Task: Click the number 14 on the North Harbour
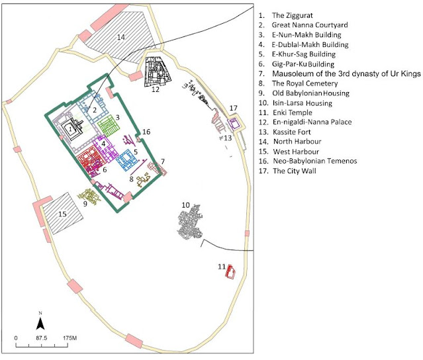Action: [x=121, y=37]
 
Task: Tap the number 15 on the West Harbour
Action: [x=63, y=214]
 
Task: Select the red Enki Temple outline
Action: [x=230, y=272]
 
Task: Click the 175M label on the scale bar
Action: [x=70, y=338]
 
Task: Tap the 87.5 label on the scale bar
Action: [x=41, y=338]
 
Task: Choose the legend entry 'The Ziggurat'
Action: [x=293, y=15]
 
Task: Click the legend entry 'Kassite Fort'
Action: [x=292, y=132]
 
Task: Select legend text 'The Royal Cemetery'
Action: [x=305, y=83]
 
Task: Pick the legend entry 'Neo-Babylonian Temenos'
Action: [x=315, y=161]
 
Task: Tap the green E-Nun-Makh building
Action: [x=109, y=125]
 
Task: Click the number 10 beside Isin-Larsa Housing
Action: [x=185, y=205]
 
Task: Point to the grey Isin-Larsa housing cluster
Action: [x=191, y=222]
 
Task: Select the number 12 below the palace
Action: [x=156, y=89]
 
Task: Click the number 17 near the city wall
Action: [x=234, y=108]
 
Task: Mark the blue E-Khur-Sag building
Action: [x=126, y=159]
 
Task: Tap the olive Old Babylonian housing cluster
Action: [x=89, y=197]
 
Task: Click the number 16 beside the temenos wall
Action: [x=146, y=132]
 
